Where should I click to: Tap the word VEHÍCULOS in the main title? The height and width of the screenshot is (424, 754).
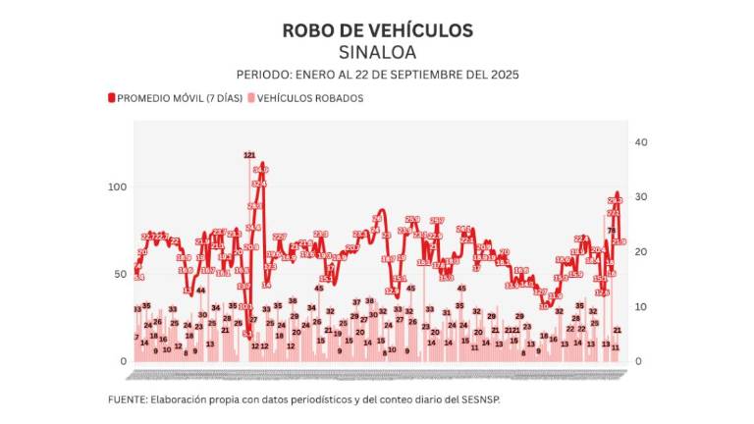[x=421, y=30]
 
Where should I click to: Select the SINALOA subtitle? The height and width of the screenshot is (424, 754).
[x=377, y=52]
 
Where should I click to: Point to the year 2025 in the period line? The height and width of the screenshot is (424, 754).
[x=503, y=75]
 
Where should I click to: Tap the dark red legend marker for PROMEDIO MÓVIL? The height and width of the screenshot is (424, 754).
[x=111, y=98]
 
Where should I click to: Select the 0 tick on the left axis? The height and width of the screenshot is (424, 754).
[x=124, y=361]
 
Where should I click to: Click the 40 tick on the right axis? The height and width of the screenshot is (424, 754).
[x=641, y=142]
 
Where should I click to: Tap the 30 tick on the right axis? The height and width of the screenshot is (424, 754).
[x=641, y=197]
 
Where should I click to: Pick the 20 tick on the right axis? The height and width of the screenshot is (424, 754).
[x=641, y=252]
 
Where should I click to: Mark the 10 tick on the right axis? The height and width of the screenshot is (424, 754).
[x=641, y=307]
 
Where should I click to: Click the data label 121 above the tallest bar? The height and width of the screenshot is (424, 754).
[x=249, y=155]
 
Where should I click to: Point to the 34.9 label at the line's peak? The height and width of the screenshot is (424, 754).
[x=260, y=169]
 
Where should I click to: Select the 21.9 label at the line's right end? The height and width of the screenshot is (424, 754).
[x=619, y=241]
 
